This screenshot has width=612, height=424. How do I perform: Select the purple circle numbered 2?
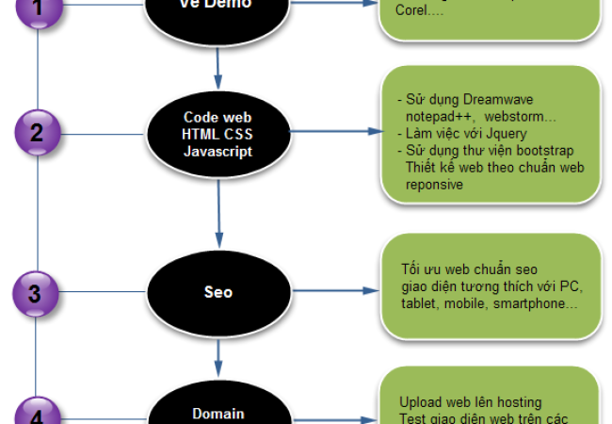click(x=36, y=132)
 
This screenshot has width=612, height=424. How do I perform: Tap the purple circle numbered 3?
click(x=36, y=294)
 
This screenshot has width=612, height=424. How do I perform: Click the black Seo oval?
click(x=218, y=292)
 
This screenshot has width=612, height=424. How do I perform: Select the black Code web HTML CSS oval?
click(x=218, y=133)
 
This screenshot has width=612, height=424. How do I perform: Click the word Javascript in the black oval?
click(x=218, y=151)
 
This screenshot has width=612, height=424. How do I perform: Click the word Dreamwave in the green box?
click(x=479, y=99)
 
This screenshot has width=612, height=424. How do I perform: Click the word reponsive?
click(x=434, y=186)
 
